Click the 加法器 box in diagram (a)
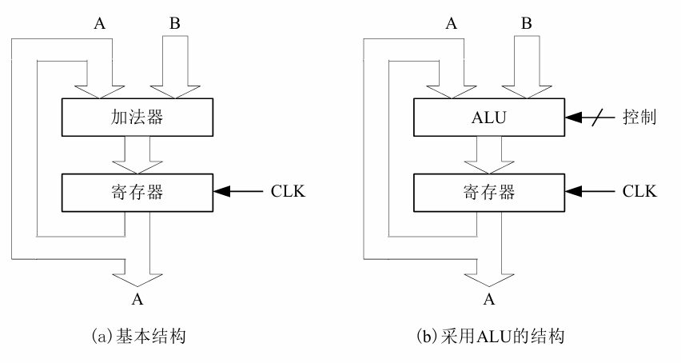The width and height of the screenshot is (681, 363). [x=137, y=118]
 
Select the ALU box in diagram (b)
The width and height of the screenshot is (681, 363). [x=489, y=118]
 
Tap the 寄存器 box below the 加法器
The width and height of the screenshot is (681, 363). [x=137, y=192]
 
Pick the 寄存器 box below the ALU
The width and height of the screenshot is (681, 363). [x=489, y=192]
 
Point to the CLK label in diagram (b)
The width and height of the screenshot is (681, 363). [x=639, y=192]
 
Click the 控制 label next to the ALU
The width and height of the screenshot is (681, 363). [x=639, y=118]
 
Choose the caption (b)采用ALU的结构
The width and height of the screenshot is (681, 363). [x=490, y=337]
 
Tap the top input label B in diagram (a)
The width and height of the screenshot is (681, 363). [x=173, y=24]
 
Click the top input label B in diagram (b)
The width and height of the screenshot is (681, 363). [x=525, y=24]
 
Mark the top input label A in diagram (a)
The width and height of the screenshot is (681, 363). [x=99, y=24]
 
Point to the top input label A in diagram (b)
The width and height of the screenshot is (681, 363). [x=451, y=24]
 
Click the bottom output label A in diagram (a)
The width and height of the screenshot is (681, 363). [x=138, y=300]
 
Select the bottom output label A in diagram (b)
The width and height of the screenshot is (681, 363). [x=490, y=300]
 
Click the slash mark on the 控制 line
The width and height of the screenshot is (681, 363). [x=595, y=118]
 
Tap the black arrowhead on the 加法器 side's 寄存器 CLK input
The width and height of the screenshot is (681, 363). [x=223, y=192]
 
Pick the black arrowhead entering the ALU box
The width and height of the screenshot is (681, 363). [x=575, y=118]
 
